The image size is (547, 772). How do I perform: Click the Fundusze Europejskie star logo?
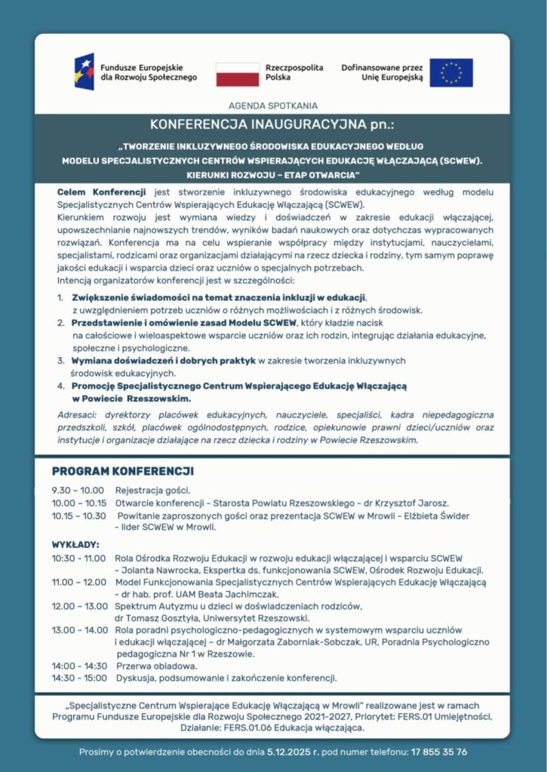click(84, 72)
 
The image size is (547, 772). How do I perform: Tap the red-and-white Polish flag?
click(238, 73)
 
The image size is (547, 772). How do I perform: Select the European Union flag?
click(451, 72)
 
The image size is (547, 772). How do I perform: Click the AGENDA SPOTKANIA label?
click(272, 106)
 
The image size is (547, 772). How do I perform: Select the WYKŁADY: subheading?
click(75, 544)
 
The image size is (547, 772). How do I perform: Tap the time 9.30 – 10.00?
click(78, 490)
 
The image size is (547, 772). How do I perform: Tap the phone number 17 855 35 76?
click(439, 752)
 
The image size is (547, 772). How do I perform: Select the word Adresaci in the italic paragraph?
click(78, 415)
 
